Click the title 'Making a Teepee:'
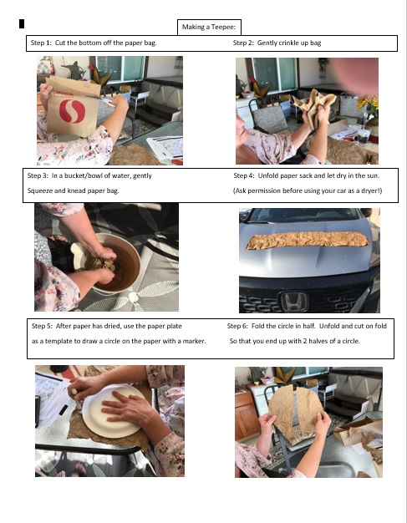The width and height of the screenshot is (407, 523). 209,27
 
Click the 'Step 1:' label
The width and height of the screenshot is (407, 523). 41,43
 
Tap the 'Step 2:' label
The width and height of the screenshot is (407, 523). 243,43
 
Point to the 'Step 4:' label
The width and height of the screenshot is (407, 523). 244,175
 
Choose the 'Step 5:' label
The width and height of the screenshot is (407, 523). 42,326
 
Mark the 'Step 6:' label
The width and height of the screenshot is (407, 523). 238,326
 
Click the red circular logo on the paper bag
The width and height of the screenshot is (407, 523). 73,111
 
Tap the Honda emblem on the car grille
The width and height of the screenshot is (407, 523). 293,302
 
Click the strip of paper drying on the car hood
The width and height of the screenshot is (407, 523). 308,240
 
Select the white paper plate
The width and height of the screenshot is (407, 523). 114,411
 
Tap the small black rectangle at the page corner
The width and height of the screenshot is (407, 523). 22,24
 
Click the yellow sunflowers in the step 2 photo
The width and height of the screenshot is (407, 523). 368,103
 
